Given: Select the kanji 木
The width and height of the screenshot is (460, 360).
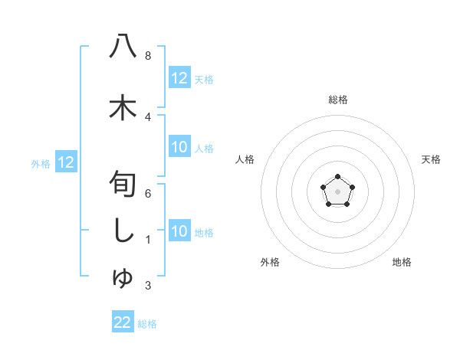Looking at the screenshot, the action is [123, 107].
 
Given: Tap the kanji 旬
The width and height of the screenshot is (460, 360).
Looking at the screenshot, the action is [123, 186].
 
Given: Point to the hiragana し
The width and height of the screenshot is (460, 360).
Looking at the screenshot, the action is [123, 231].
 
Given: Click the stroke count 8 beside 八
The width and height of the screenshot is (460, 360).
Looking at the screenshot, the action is [147, 56].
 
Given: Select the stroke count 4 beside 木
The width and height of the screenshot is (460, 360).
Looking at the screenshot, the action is [147, 116].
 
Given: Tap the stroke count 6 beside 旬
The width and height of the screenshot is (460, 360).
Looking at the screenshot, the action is [147, 195].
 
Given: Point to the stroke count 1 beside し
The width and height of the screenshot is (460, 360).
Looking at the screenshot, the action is [147, 240].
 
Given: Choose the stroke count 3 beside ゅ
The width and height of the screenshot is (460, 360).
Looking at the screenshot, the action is [147, 286].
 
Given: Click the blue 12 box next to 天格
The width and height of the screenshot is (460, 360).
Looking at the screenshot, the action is [179, 78].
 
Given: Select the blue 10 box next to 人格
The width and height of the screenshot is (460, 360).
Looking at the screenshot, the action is [179, 148].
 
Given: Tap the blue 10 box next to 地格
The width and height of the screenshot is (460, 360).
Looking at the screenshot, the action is [179, 231].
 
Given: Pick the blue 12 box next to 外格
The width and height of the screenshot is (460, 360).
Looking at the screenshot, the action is [66, 162].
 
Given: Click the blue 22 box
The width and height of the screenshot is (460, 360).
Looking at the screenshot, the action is [123, 322].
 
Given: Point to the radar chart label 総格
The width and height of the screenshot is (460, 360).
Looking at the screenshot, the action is [337, 100].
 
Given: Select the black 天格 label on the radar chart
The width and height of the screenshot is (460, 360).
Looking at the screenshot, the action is [431, 159].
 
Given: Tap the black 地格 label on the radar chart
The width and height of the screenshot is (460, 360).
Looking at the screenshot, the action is [402, 262].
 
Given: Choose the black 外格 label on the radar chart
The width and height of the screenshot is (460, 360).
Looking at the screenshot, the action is [270, 262].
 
